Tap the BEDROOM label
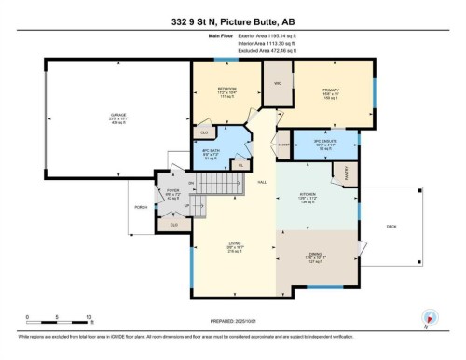(213, 90)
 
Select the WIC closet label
(277, 84)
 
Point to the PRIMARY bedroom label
(332, 90)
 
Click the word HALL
(263, 181)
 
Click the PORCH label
(142, 206)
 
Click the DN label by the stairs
(192, 182)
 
